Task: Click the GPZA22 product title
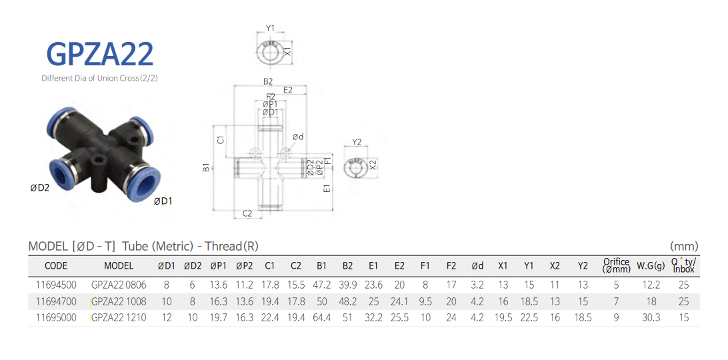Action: (x=100, y=53)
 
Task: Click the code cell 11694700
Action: (x=56, y=301)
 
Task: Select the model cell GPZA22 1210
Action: (x=119, y=318)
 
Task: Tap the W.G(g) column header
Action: (x=651, y=266)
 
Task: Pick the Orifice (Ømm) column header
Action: (x=616, y=265)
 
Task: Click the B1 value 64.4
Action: (x=322, y=318)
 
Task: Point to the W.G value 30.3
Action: (x=651, y=318)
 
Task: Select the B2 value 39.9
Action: (x=347, y=285)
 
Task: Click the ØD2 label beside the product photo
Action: (x=40, y=188)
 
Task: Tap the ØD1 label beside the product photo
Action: (x=163, y=201)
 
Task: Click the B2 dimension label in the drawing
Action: (x=268, y=81)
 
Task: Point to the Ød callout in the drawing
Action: (x=298, y=137)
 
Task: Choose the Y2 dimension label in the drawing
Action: (x=357, y=142)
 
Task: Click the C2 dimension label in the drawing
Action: (x=247, y=213)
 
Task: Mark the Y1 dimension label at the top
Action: (x=270, y=28)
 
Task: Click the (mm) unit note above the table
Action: (x=684, y=246)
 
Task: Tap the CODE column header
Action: (x=56, y=266)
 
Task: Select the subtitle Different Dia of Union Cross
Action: (x=99, y=78)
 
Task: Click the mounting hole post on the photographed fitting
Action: (x=101, y=167)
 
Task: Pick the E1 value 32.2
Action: (x=373, y=318)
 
